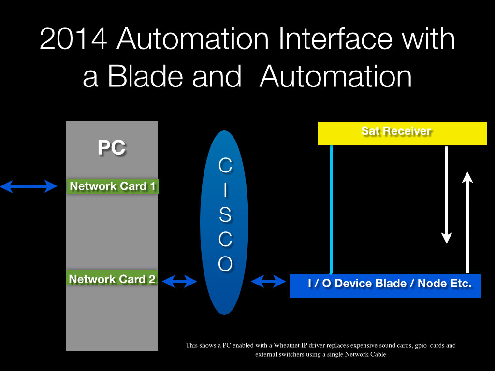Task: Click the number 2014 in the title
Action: pyautogui.click(x=73, y=39)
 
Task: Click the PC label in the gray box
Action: pyautogui.click(x=112, y=147)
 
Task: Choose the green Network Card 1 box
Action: pyautogui.click(x=112, y=186)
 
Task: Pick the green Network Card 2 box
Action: pyautogui.click(x=112, y=279)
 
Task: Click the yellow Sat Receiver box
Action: pyautogui.click(x=403, y=133)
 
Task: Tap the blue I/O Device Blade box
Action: pyautogui.click(x=385, y=285)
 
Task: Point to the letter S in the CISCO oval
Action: pyautogui.click(x=225, y=214)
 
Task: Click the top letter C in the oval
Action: pyautogui.click(x=225, y=165)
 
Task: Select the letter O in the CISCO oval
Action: pyautogui.click(x=225, y=263)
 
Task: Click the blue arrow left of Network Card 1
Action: pyautogui.click(x=29, y=186)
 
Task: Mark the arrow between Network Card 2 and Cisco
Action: pyautogui.click(x=180, y=281)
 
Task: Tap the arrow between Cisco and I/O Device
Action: pyautogui.click(x=268, y=281)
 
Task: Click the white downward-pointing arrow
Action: pyautogui.click(x=446, y=195)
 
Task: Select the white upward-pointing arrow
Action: pyautogui.click(x=467, y=222)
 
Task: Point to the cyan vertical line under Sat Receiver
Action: pyautogui.click(x=331, y=210)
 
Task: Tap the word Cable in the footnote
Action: pyautogui.click(x=378, y=354)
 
